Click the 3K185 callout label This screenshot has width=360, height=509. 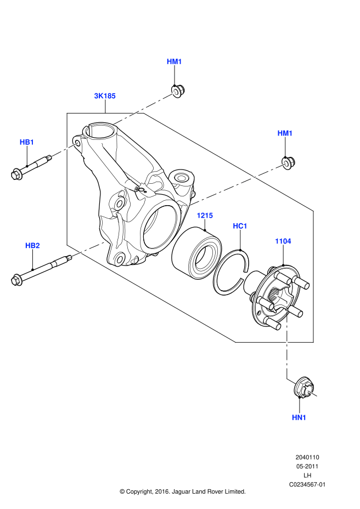104,95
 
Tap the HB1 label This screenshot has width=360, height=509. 27,142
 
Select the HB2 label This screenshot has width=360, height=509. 33,245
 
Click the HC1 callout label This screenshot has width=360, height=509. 240,225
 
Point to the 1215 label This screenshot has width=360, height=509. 205,216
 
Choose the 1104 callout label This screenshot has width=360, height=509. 283,241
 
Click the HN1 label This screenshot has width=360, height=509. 299,417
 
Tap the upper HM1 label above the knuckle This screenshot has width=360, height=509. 174,61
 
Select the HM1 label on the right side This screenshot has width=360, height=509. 285,133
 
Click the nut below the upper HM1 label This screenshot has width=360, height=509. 177,91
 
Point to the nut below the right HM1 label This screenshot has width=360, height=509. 288,162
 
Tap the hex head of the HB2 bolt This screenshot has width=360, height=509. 16,280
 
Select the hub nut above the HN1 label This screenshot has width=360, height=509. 303,388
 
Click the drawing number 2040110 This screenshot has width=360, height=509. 307,457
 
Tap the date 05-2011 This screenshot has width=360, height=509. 307,466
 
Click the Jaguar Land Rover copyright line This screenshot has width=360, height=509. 183,491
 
